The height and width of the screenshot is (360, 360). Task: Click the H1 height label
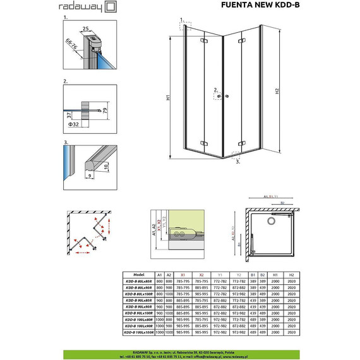[x=169, y=98]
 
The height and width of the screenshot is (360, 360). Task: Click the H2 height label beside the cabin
[x=277, y=92]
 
